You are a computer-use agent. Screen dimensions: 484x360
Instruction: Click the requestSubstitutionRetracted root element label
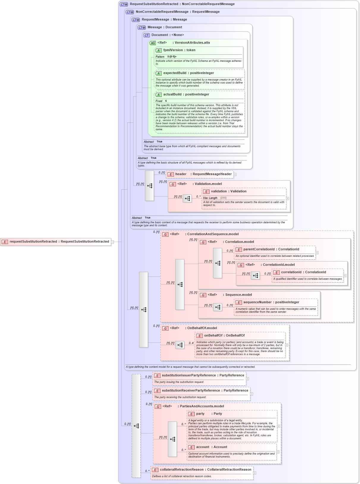coord(59,242)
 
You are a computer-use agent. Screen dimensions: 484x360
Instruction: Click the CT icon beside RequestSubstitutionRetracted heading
coord(124,4)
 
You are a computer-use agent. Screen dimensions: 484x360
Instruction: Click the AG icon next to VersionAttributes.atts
coord(153,43)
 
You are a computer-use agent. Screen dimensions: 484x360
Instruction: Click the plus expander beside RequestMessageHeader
coord(235,175)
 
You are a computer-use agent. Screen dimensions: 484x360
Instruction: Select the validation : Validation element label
coord(228,191)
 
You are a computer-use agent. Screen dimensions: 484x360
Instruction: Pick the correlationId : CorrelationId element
coord(303,272)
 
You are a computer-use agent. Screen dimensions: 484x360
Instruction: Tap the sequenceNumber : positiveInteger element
coord(271,302)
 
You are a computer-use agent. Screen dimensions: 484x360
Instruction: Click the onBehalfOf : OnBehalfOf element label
coord(224,336)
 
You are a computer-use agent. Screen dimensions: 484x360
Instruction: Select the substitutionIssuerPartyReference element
coord(203,375)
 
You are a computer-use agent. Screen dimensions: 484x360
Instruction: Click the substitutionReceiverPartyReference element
coord(205,391)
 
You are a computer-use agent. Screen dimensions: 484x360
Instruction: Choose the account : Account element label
coord(211,447)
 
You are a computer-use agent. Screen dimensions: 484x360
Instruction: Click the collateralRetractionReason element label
coord(205,470)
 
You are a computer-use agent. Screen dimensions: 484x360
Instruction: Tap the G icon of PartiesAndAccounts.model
coord(158,407)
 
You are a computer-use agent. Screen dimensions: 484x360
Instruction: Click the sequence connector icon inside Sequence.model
coord(218,307)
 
